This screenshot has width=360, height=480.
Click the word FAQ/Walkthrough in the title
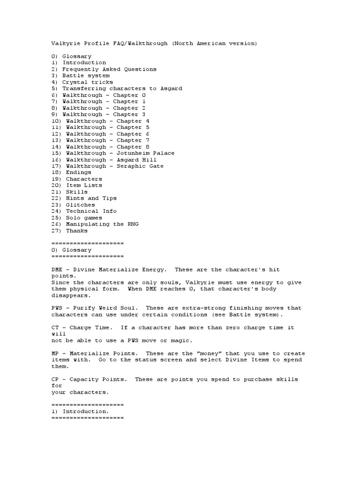pos(141,44)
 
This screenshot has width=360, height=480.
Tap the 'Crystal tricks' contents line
pos(88,82)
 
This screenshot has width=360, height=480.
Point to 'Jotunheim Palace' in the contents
pos(144,153)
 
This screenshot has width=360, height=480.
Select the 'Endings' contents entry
pos(78,172)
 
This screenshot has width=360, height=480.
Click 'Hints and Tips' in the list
pos(91,198)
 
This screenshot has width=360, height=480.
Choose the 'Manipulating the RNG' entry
pos(102,224)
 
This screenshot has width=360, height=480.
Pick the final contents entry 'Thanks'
pos(76,231)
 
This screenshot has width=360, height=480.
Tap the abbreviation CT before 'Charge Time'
pos(55,328)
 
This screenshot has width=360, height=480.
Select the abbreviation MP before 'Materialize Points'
pos(55,353)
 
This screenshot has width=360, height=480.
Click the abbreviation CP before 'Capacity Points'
pos(55,379)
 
